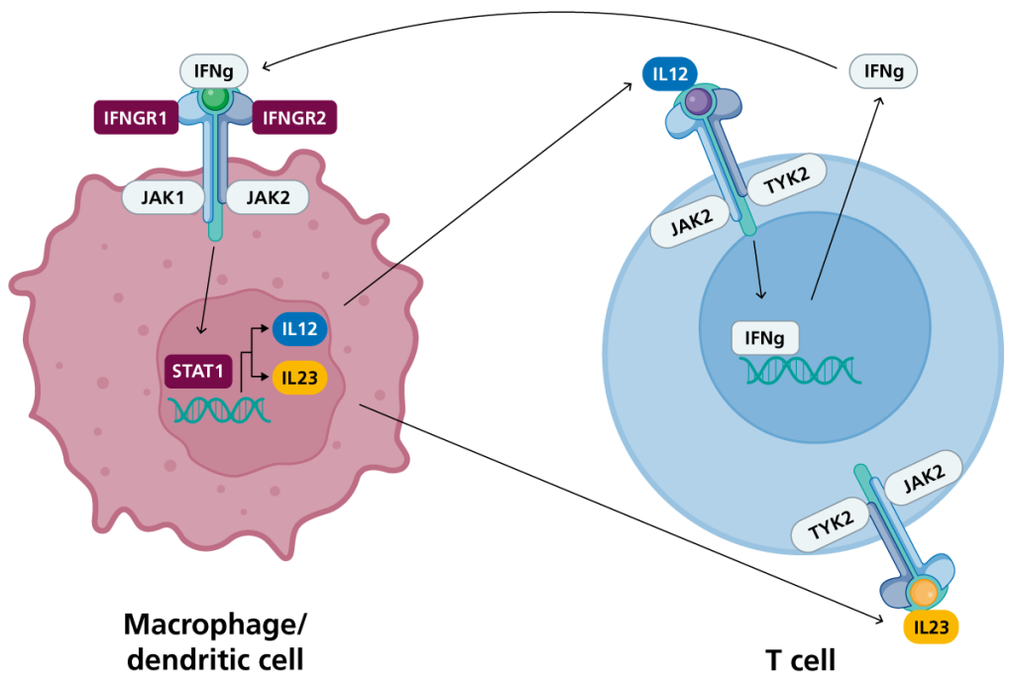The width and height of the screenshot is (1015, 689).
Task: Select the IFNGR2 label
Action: [295, 118]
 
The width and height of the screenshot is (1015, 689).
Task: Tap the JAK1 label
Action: [163, 197]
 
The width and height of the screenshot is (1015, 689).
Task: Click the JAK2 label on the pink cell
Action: [267, 197]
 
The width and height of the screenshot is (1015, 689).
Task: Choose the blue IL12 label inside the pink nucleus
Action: [299, 328]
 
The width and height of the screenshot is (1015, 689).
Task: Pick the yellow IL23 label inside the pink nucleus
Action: [299, 378]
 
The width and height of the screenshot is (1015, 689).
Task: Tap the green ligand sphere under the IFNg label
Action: [215, 99]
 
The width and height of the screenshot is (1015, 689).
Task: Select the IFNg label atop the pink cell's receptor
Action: [214, 70]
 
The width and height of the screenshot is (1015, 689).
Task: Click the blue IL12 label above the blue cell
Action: [669, 73]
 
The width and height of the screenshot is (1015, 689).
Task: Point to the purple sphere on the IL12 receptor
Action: [699, 101]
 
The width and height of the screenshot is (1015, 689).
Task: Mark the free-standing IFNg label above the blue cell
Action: [883, 71]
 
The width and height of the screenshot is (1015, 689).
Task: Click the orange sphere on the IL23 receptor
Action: [923, 593]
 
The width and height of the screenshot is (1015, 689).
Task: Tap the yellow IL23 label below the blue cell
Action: [931, 627]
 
